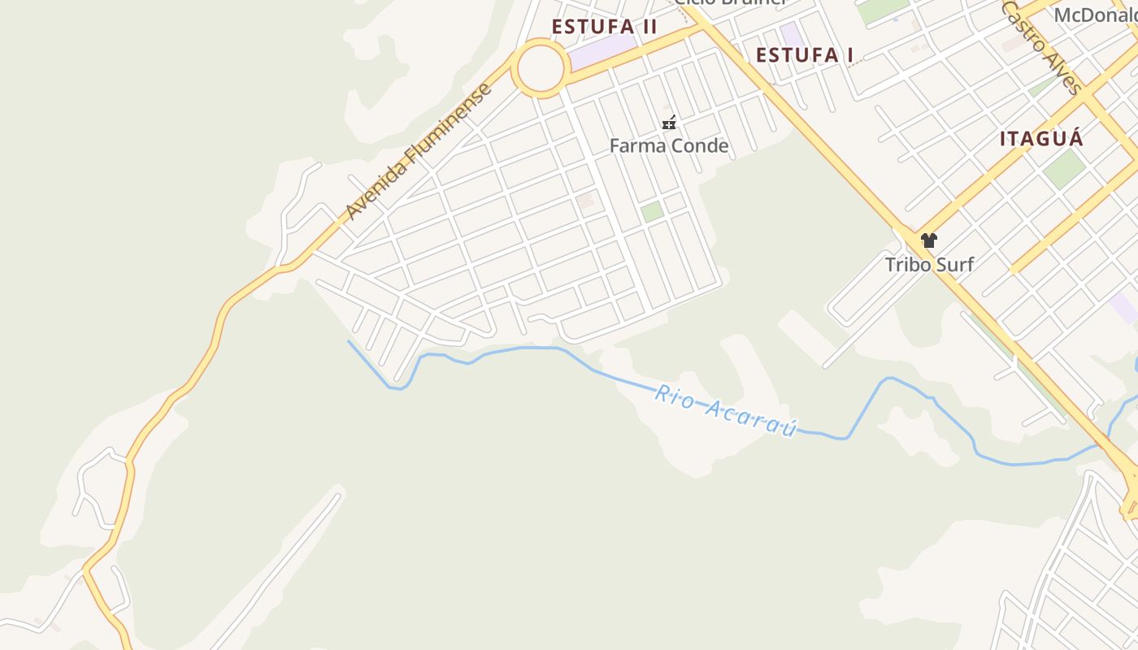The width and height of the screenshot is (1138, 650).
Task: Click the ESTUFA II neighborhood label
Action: tap(604, 27)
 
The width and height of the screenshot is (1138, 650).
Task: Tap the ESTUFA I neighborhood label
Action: tap(805, 55)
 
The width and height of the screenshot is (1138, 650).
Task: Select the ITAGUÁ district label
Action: tap(1041, 139)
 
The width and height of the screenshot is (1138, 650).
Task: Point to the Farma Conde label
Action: tap(669, 146)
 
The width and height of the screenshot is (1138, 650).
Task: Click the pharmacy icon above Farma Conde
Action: tap(669, 123)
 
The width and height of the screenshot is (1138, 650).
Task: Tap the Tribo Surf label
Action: tap(929, 264)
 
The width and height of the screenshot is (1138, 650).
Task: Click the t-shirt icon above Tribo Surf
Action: tap(929, 240)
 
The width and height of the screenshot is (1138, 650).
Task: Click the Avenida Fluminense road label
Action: tap(419, 151)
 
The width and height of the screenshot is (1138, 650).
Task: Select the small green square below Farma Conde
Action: tap(652, 212)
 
